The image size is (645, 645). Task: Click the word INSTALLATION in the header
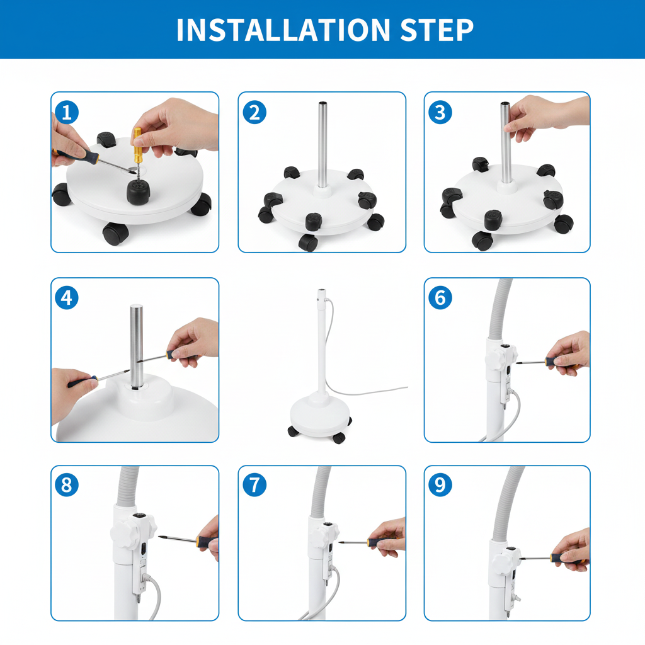coord(283,30)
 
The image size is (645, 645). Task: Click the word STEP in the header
coord(437,30)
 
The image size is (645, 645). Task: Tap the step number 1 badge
coord(67,112)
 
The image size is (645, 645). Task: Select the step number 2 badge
coord(254,112)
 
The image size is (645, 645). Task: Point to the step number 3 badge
coord(440,112)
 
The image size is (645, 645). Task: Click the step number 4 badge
coord(67,297)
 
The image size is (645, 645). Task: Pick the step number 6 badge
coord(440,297)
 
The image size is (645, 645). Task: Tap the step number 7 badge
coord(254,484)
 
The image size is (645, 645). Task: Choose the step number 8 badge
coord(67,484)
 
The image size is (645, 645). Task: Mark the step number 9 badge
coord(440,484)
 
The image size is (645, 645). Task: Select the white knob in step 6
coord(501,357)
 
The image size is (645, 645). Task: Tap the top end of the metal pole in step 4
coord(136,307)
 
